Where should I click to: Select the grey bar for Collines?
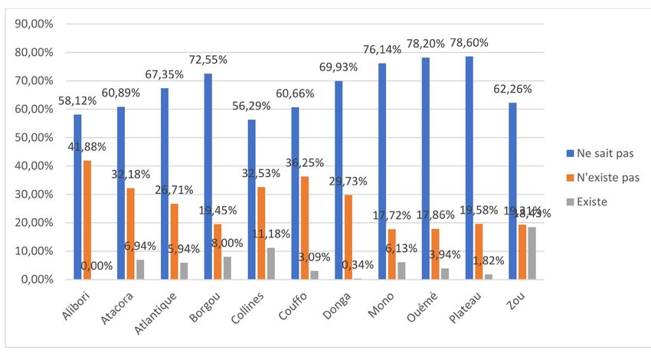tap(272, 263)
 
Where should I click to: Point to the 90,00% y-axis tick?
tap(33, 24)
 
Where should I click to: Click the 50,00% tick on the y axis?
tap(33, 138)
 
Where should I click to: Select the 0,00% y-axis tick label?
tap(35, 280)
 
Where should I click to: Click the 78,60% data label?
tap(469, 43)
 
